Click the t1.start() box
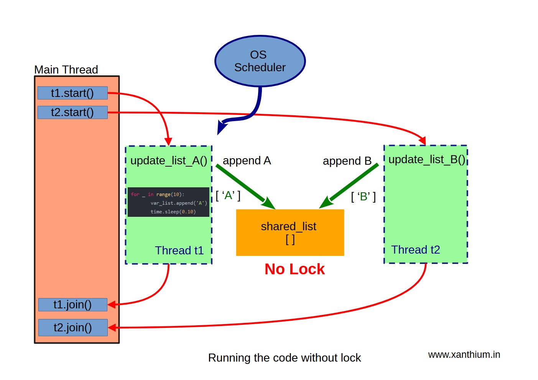[72, 93]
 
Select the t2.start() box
[72, 113]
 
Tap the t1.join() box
[72, 305]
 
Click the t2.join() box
[72, 328]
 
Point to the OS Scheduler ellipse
[260, 61]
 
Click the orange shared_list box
[290, 233]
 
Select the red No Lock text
[295, 269]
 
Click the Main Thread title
[66, 70]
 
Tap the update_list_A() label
[169, 161]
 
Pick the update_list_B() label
[426, 159]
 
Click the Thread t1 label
[179, 251]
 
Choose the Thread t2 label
[416, 250]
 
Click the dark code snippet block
[168, 202]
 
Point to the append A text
[247, 161]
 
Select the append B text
[347, 161]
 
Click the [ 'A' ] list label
[228, 196]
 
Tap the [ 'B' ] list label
[363, 197]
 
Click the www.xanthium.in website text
[464, 355]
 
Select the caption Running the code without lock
[285, 358]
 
